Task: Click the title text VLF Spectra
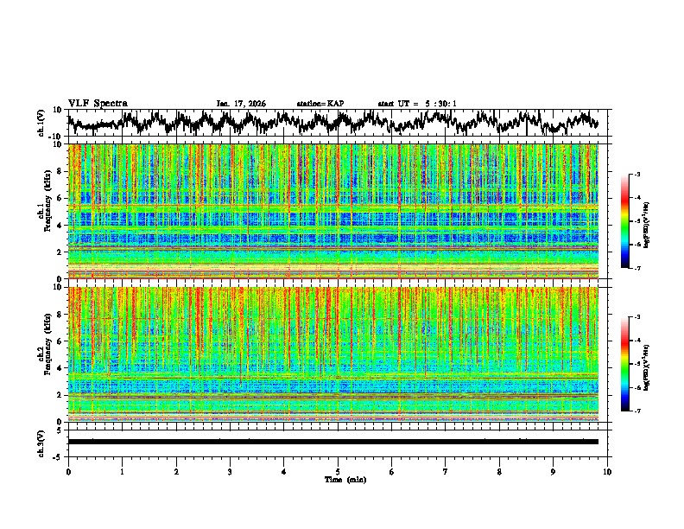[x=98, y=103]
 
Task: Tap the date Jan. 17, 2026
[x=241, y=104]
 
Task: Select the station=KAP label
[x=320, y=104]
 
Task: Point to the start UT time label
[x=417, y=104]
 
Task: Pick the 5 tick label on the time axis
[x=338, y=472]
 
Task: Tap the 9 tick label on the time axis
[x=554, y=472]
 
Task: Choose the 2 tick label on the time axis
[x=176, y=472]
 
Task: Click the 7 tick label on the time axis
[x=446, y=472]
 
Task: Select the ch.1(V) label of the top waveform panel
[x=41, y=123]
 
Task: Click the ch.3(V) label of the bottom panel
[x=41, y=441]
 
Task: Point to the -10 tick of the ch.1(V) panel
[x=54, y=137]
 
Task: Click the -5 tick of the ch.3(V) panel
[x=57, y=455]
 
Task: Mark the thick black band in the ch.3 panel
[x=332, y=442]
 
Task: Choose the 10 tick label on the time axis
[x=608, y=472]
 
